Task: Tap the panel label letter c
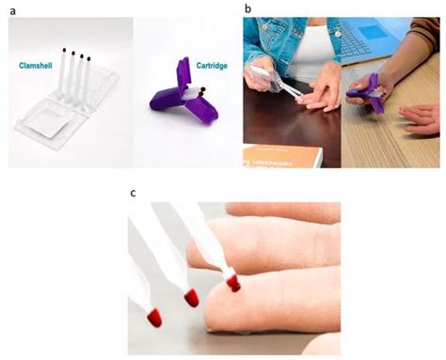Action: [x=133, y=194]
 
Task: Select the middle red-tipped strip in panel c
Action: [x=188, y=282]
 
